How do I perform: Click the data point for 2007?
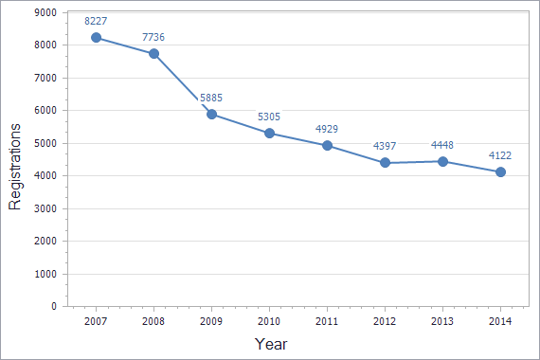point(96,38)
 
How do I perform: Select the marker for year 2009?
point(211,114)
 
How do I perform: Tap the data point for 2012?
point(385,163)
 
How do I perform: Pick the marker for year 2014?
point(500,171)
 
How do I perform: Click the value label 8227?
point(96,20)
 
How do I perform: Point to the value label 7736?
point(154,36)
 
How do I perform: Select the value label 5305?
point(269,117)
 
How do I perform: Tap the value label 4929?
point(327,128)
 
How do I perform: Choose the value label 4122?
point(500,154)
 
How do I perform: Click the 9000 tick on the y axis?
point(44,12)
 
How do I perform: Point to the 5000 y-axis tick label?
point(44,143)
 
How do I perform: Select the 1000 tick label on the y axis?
point(44,274)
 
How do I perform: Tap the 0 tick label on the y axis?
point(54,307)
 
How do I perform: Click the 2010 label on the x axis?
point(269,322)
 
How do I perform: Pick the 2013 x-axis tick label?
point(442,322)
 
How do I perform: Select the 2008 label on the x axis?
point(153,322)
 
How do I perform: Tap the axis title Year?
point(271,344)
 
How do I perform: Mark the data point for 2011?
point(327,145)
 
